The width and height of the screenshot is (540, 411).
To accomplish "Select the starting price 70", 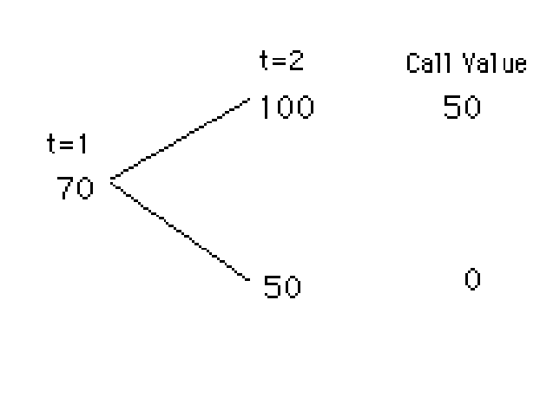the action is [75, 188].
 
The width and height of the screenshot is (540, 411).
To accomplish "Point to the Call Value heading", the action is [466, 64].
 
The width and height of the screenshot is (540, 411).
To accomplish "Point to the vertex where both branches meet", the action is [110, 180].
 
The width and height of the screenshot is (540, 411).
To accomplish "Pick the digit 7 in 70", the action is [65, 188].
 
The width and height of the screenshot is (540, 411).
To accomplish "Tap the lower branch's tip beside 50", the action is [249, 281].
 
